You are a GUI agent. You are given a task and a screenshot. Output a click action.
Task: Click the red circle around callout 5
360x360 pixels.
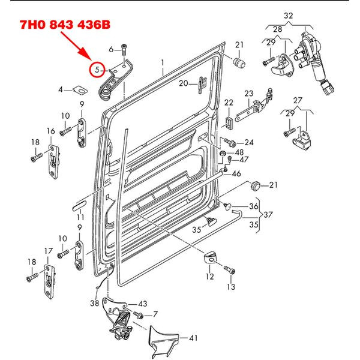(97, 70)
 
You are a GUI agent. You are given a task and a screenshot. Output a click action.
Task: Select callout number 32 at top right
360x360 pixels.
(289, 15)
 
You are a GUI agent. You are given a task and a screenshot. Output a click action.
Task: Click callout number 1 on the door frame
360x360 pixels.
(162, 62)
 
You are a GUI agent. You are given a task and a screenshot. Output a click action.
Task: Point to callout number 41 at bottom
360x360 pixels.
(193, 338)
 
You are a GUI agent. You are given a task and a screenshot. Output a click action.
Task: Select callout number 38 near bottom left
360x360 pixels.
(94, 303)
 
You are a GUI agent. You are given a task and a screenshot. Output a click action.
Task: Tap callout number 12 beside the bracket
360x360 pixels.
(209, 277)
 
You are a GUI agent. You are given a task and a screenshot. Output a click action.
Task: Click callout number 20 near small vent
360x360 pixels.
(183, 83)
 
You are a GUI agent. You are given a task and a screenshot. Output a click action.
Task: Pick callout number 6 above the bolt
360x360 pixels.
(112, 49)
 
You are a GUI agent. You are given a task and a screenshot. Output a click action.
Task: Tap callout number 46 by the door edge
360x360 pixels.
(236, 173)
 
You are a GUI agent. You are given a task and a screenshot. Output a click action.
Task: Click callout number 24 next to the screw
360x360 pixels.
(249, 143)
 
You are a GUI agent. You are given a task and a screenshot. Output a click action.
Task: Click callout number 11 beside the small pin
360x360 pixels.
(80, 216)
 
